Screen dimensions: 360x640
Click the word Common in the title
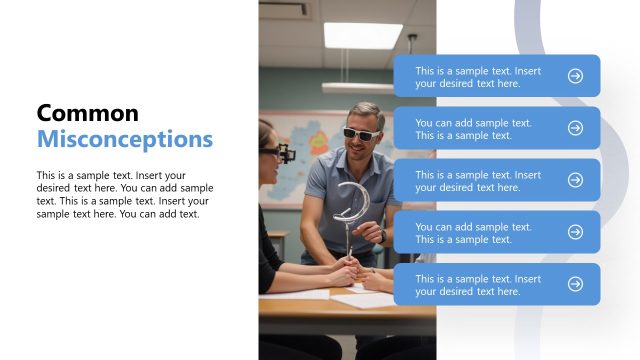[87, 113]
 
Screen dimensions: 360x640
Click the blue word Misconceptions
[124, 138]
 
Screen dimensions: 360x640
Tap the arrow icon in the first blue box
[575, 76]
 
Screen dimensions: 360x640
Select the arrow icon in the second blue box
[575, 128]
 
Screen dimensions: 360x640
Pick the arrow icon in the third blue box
[575, 180]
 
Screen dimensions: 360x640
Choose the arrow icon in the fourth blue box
[575, 232]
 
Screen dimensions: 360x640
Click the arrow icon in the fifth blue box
[575, 284]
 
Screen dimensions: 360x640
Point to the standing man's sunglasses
[359, 133]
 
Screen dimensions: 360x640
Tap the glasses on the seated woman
[280, 153]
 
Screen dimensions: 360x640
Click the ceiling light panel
[362, 35]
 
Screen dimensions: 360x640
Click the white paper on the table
[360, 298]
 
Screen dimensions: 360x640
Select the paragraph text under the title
[124, 194]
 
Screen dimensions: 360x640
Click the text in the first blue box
[478, 77]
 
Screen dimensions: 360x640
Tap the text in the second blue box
[473, 129]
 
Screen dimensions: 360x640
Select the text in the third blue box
[478, 181]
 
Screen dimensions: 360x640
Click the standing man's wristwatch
[382, 236]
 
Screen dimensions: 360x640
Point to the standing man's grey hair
[366, 113]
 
